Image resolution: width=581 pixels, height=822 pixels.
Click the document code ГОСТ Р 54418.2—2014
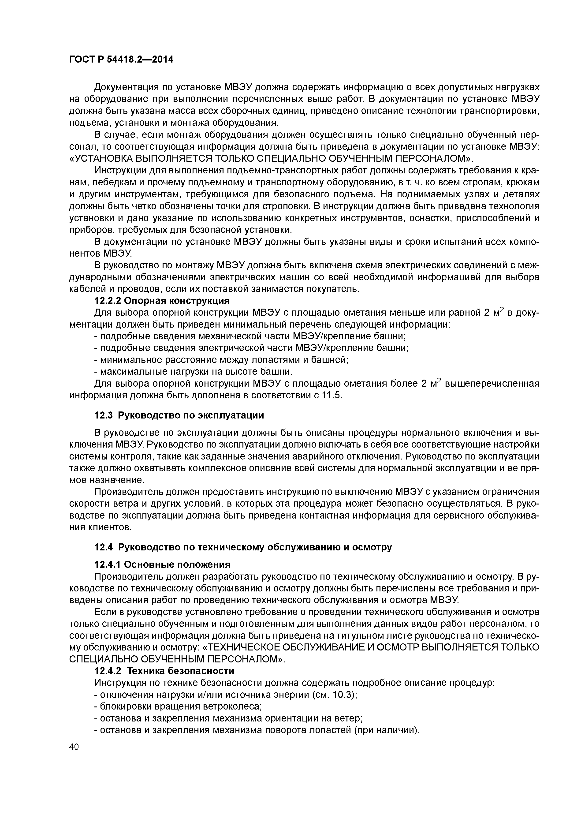click(x=121, y=60)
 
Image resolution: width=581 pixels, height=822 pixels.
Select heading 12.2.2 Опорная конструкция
click(x=162, y=300)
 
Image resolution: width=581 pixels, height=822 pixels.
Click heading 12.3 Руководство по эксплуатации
click(x=179, y=415)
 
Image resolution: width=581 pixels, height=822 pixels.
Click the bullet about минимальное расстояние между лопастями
click(x=221, y=360)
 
